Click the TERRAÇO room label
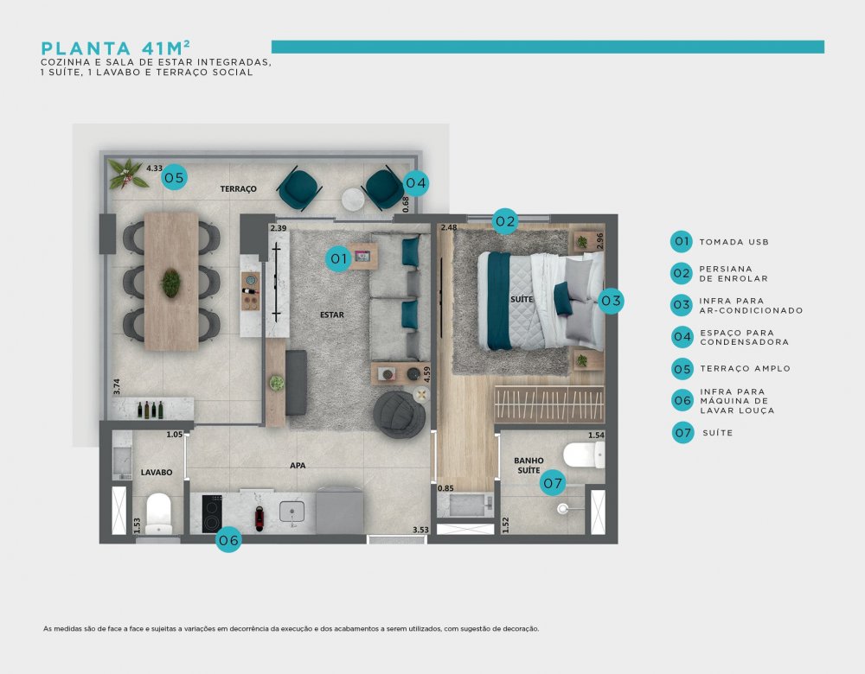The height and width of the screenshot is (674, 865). click(x=239, y=189)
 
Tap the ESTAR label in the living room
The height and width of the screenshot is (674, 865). click(x=332, y=315)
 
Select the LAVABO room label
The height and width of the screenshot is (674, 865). click(x=156, y=473)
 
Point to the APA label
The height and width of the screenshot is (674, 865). click(x=298, y=466)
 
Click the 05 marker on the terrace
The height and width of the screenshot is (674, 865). click(x=175, y=177)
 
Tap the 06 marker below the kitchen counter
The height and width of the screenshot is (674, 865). click(x=228, y=540)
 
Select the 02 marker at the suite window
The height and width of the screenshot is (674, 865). click(x=505, y=221)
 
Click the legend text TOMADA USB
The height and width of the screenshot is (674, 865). click(x=734, y=242)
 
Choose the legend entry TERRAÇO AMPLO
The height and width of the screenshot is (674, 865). click(x=746, y=369)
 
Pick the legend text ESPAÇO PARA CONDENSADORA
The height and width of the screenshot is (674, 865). click(x=744, y=337)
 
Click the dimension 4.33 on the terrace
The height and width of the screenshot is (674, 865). click(x=155, y=168)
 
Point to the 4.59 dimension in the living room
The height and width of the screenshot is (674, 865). click(x=426, y=375)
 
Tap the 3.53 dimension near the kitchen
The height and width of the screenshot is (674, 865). click(x=420, y=531)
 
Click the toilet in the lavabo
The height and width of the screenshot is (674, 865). click(x=159, y=513)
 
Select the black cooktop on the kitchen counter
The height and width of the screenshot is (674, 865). click(x=212, y=513)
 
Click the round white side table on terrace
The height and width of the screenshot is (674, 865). click(x=353, y=200)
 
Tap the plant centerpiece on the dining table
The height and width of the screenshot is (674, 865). click(x=171, y=283)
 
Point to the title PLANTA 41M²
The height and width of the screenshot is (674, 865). click(x=116, y=48)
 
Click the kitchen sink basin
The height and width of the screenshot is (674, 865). click(x=292, y=512)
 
